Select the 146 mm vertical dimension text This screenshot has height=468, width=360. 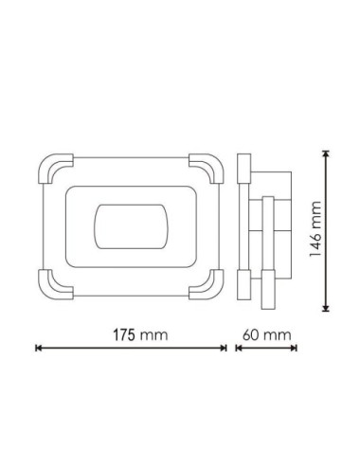pyautogui.click(x=317, y=231)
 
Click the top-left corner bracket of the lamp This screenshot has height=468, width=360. pyautogui.click(x=52, y=169)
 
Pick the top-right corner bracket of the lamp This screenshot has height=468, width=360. pyautogui.click(x=206, y=169)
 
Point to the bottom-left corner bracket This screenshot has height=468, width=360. pyautogui.click(x=52, y=283)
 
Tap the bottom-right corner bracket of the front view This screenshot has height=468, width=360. pyautogui.click(x=206, y=283)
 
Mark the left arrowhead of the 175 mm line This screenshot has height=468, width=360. pyautogui.click(x=38, y=349)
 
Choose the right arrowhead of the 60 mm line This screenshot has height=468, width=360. pyautogui.click(x=296, y=349)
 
